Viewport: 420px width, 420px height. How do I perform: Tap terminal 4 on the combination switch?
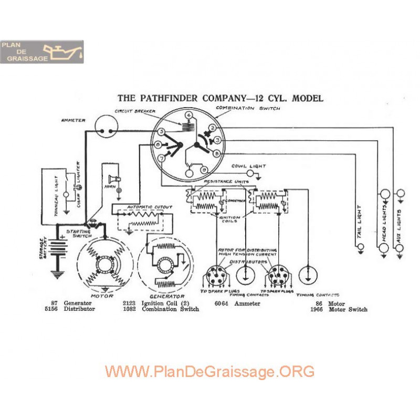[188, 115]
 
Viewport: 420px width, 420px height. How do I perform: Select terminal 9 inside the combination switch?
[204, 170]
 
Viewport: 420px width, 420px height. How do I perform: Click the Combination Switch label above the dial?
[248, 108]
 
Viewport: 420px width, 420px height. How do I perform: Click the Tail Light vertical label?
[360, 223]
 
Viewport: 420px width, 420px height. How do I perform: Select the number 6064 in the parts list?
[223, 303]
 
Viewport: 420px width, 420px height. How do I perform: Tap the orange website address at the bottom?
[209, 372]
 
